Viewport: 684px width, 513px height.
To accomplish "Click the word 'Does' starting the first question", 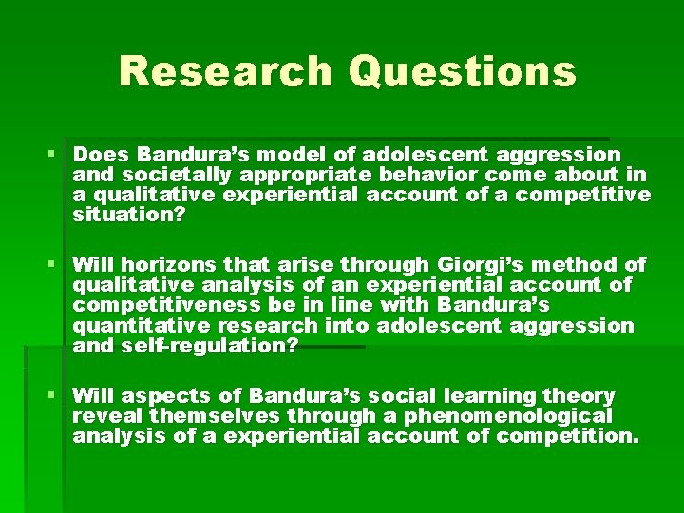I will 102,154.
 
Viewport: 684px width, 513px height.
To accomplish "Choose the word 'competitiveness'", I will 155,305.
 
